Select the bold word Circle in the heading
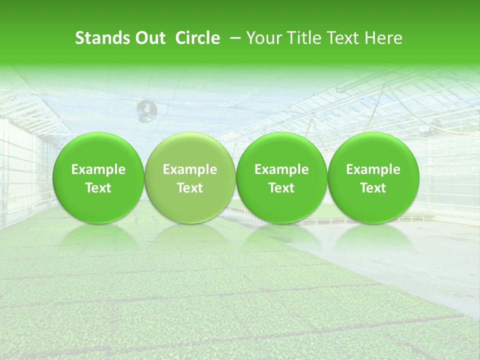197,38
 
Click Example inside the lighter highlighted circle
190,169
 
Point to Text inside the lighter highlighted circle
190,188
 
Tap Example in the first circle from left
98,169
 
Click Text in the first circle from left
98,188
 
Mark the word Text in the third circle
281,188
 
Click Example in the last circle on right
373,169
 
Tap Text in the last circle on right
373,188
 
